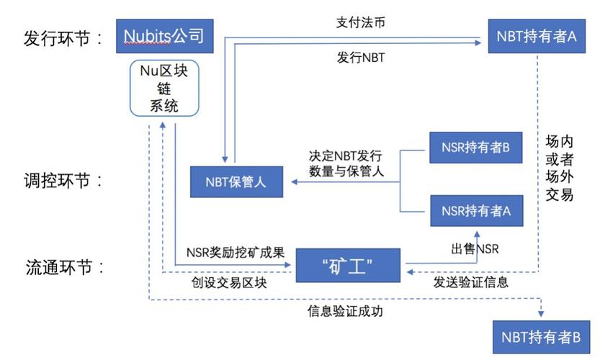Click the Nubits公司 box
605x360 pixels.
(165, 36)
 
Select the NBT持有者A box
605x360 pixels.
(536, 36)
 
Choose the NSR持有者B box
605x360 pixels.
(475, 148)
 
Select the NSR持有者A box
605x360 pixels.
(475, 211)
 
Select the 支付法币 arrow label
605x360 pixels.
(360, 22)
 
